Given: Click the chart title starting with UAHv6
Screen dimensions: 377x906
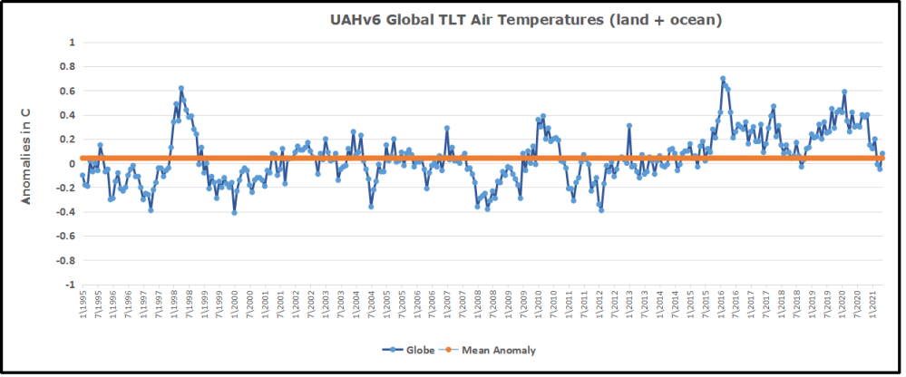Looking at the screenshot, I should [x=525, y=20].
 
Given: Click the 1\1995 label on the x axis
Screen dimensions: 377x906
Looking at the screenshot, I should [x=82, y=305].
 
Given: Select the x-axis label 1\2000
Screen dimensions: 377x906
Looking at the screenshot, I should [x=234, y=305].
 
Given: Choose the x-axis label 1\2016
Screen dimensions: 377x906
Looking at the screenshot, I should [x=722, y=305].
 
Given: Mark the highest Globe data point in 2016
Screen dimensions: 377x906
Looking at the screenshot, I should [x=723, y=79].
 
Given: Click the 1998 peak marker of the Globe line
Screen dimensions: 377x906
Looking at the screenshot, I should [x=181, y=88].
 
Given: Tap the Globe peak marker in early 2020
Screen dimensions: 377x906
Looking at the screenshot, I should [x=844, y=92].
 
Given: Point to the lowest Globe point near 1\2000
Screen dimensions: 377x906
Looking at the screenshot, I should [x=234, y=212].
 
